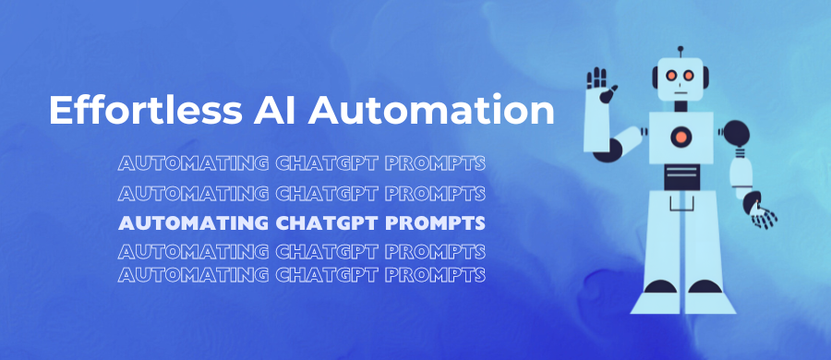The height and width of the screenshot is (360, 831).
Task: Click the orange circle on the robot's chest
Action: (680, 138)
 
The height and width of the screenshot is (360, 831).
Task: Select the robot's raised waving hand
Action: (603, 83)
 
